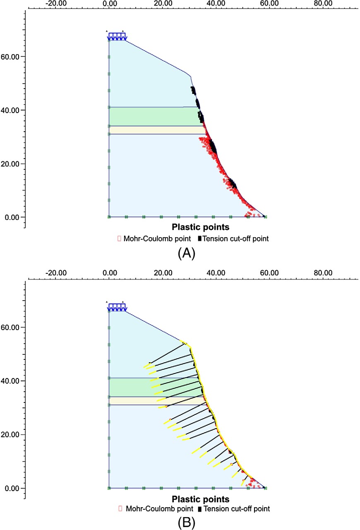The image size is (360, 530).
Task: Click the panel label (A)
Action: (x=186, y=253)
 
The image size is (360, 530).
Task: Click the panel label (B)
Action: (x=186, y=523)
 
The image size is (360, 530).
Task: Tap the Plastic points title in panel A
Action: (x=201, y=227)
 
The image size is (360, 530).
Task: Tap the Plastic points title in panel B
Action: (x=201, y=499)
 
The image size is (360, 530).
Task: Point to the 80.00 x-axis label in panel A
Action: (x=323, y=4)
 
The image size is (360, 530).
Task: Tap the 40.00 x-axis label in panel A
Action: (x=216, y=4)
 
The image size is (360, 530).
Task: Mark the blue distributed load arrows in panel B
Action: (x=116, y=307)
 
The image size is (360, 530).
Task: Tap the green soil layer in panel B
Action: (x=149, y=387)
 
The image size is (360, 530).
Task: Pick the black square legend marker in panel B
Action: (x=200, y=508)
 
